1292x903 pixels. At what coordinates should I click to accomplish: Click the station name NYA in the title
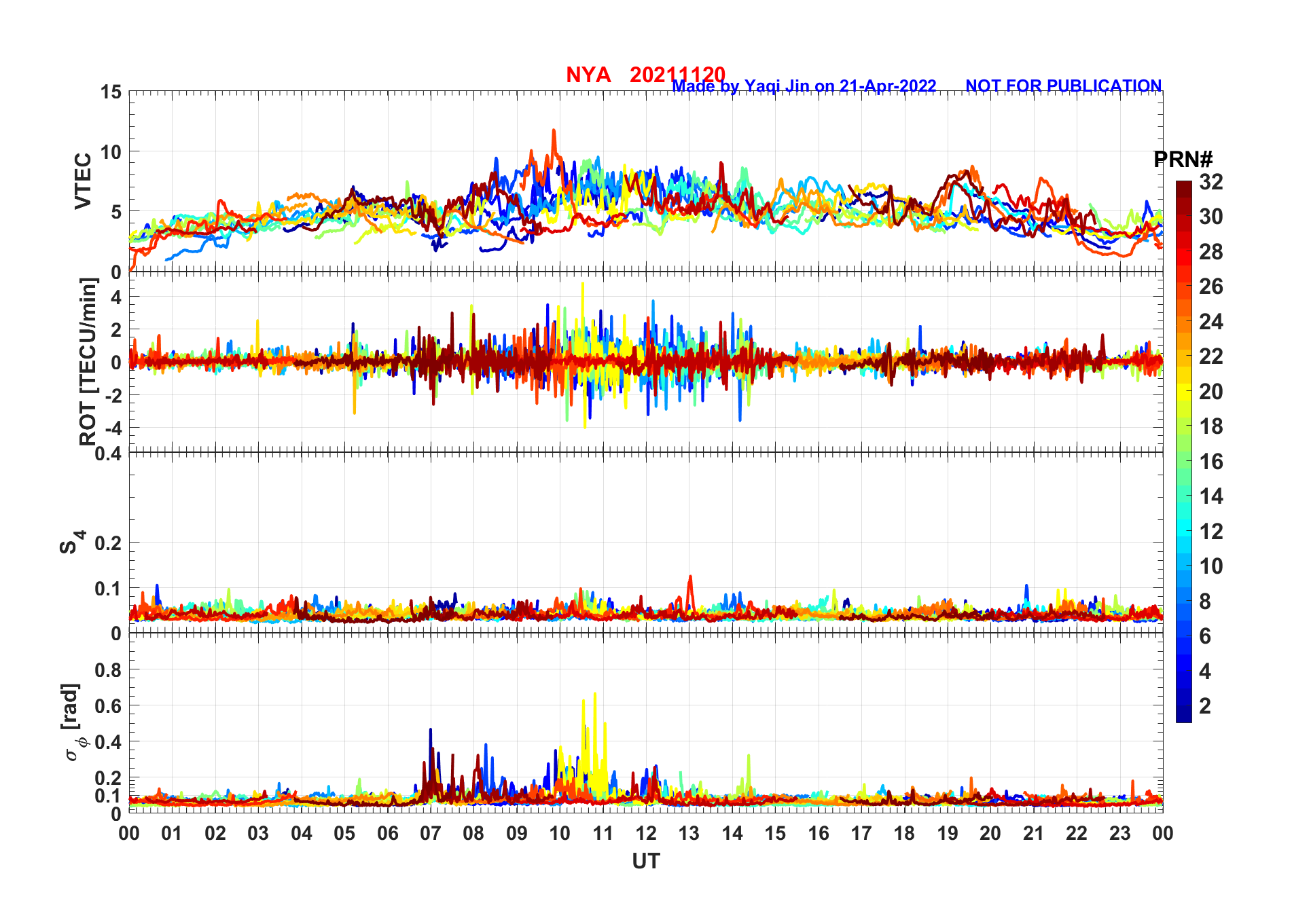(x=588, y=75)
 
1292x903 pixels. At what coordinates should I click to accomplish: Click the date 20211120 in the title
(x=677, y=75)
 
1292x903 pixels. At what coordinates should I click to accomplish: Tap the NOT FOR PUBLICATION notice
(x=1063, y=86)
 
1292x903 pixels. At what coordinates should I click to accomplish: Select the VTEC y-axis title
(x=83, y=181)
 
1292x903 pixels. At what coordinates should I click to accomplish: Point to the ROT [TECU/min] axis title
(x=88, y=361)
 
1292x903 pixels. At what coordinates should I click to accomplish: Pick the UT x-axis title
(x=645, y=861)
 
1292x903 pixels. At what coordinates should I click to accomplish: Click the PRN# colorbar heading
(x=1183, y=160)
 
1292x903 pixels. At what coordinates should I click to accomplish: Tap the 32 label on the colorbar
(x=1210, y=182)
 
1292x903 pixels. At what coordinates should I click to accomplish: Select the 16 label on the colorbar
(x=1210, y=462)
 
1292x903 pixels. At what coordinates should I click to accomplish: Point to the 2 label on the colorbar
(x=1205, y=706)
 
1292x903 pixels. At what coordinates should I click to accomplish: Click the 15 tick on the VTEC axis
(x=111, y=92)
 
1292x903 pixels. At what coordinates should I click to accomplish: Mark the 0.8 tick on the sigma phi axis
(x=108, y=670)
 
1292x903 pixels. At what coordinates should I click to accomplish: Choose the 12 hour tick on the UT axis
(x=646, y=833)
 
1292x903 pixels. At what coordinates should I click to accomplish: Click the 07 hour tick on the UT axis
(x=431, y=833)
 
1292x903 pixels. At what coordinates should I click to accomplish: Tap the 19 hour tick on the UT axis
(x=948, y=833)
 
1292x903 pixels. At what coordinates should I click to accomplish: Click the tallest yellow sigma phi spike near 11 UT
(x=595, y=695)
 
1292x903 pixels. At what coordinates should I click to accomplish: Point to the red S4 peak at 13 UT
(x=690, y=577)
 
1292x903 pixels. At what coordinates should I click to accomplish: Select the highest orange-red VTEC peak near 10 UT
(x=554, y=130)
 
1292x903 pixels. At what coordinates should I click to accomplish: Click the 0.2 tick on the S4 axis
(x=108, y=543)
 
